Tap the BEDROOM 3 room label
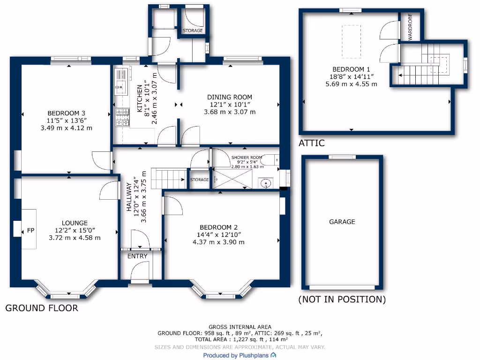[67, 113]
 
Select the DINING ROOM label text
[230, 97]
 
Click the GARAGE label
[342, 222]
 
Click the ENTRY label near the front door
[137, 256]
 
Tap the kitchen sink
[120, 85]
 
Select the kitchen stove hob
[122, 117]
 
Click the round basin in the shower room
[265, 183]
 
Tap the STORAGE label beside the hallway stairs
[200, 180]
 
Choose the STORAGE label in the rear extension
[193, 31]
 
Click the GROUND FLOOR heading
[41, 308]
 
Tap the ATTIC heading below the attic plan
[311, 143]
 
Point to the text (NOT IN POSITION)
[342, 300]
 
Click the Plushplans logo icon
[273, 355]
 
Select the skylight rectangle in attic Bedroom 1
[348, 41]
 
